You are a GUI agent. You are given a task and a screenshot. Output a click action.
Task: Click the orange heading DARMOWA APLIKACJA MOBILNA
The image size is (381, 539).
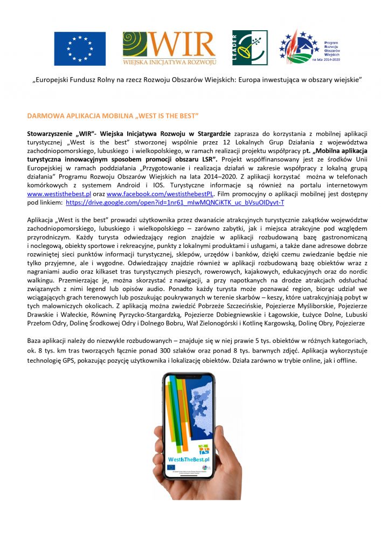[x=113, y=116]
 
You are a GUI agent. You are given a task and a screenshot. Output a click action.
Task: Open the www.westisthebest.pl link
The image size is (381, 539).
[x=55, y=192]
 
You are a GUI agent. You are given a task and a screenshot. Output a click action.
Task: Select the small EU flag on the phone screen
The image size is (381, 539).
[x=171, y=467]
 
